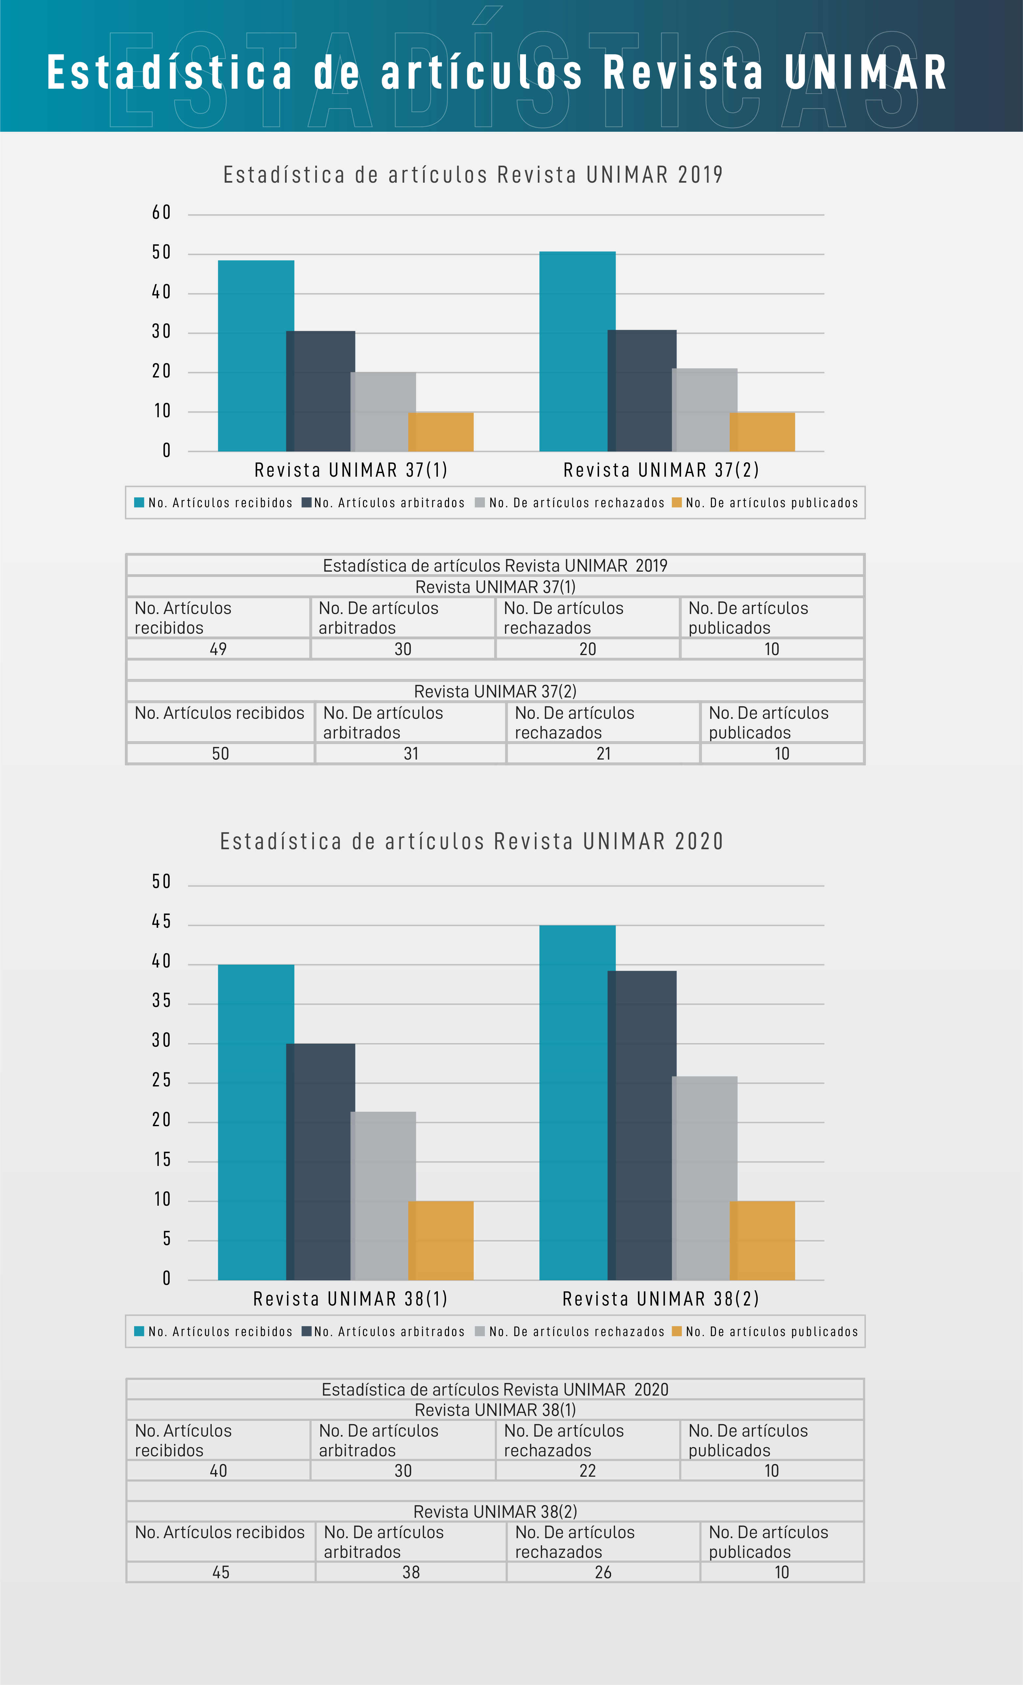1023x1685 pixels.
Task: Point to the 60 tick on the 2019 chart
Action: [161, 213]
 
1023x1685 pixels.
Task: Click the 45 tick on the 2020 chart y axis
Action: [161, 922]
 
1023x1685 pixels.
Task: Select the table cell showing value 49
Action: [218, 649]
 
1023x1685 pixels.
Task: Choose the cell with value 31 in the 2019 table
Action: [411, 754]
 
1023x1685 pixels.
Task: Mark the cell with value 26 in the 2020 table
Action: [603, 1572]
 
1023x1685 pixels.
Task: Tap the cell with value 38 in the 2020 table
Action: [411, 1572]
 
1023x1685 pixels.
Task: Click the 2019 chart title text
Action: [473, 175]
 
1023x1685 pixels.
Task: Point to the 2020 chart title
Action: [471, 841]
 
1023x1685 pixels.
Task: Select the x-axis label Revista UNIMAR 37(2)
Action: [661, 470]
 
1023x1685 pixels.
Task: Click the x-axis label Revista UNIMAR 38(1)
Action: [350, 1299]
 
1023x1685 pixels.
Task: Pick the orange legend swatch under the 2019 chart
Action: [677, 503]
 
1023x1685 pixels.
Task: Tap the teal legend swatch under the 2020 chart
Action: [139, 1332]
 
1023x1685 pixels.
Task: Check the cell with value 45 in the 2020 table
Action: [220, 1572]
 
